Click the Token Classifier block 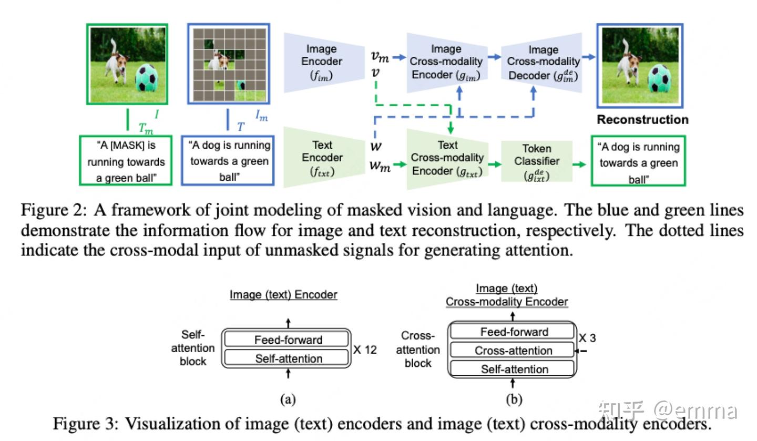536,162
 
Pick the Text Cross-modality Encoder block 447,158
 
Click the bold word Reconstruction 642,120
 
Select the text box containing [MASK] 126,161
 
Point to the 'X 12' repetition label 365,350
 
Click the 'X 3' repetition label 587,338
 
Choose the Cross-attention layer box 513,351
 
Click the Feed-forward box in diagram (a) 288,340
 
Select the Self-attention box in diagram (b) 514,370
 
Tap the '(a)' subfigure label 288,399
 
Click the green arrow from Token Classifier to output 579,165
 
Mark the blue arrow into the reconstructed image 589,57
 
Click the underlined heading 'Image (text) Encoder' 283,295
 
